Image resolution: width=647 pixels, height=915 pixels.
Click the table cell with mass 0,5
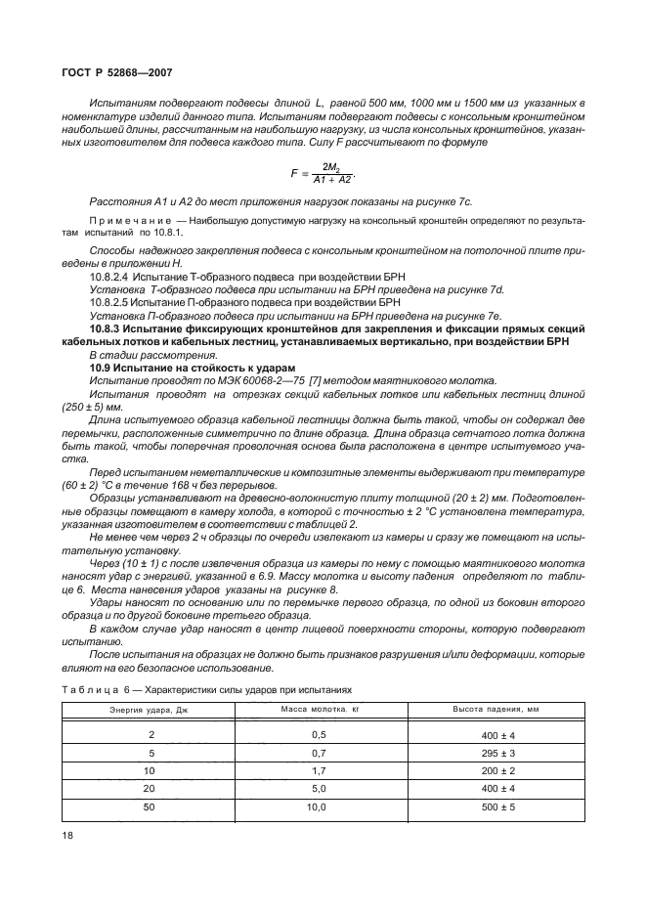click(318, 733)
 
